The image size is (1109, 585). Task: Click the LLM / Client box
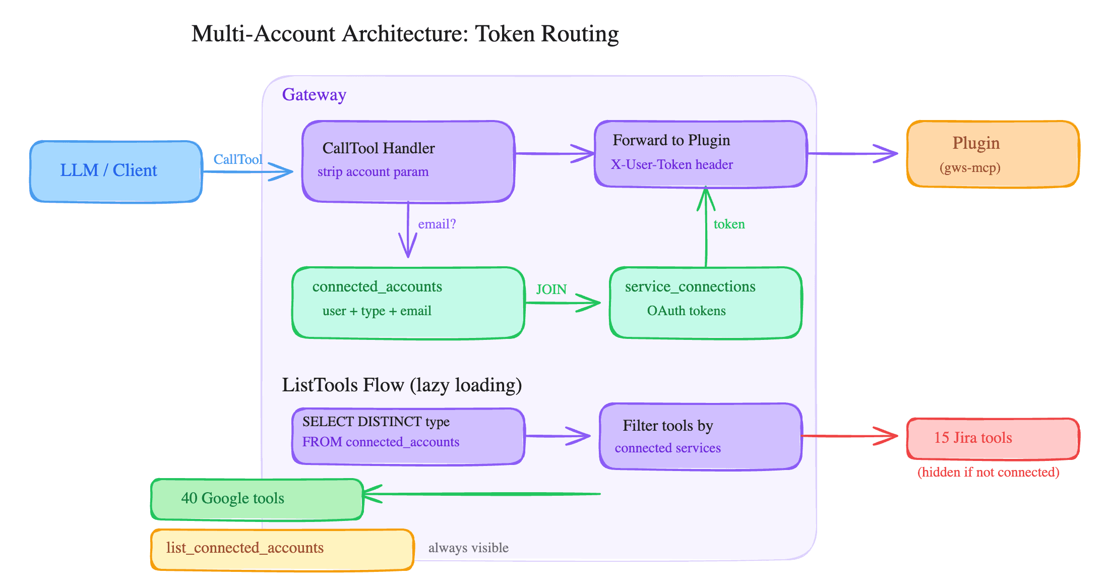pyautogui.click(x=116, y=171)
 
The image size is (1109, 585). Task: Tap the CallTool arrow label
pyautogui.click(x=237, y=159)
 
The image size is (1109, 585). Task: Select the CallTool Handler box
pyautogui.click(x=408, y=161)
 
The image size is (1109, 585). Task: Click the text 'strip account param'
pyautogui.click(x=373, y=172)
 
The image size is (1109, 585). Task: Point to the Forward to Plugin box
pyautogui.click(x=701, y=154)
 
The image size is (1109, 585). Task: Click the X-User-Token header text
pyautogui.click(x=672, y=165)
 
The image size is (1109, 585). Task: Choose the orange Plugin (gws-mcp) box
pyautogui.click(x=993, y=154)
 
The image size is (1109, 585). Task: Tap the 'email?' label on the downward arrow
pyautogui.click(x=437, y=224)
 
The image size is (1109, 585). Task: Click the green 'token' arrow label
pyautogui.click(x=729, y=224)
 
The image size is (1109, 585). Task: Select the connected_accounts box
pyautogui.click(x=408, y=303)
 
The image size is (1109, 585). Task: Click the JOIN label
pyautogui.click(x=551, y=289)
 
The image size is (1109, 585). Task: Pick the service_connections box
pyautogui.click(x=705, y=303)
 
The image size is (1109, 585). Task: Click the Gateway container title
pyautogui.click(x=314, y=95)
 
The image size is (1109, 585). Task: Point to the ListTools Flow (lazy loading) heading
pyautogui.click(x=402, y=385)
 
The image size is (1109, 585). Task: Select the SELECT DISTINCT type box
pyautogui.click(x=408, y=436)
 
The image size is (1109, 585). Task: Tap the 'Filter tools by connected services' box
pyautogui.click(x=700, y=436)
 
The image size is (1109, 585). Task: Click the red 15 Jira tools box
pyautogui.click(x=993, y=438)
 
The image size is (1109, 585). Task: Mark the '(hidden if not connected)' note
pyautogui.click(x=988, y=472)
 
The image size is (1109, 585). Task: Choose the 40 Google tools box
pyautogui.click(x=257, y=499)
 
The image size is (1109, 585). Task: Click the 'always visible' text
pyautogui.click(x=468, y=548)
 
